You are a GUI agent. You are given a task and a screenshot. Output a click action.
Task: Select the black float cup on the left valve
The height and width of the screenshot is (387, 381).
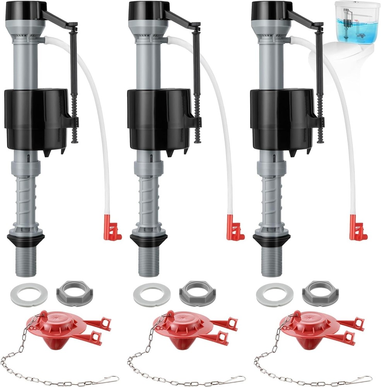pyautogui.click(x=37, y=120)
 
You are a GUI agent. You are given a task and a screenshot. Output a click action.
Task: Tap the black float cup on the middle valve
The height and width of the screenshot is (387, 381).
pyautogui.click(x=159, y=120)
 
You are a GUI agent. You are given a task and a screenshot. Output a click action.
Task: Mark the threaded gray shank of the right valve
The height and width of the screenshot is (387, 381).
pyautogui.click(x=272, y=261)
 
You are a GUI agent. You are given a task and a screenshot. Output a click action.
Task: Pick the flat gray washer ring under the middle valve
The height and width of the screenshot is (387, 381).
pyautogui.click(x=152, y=294)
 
